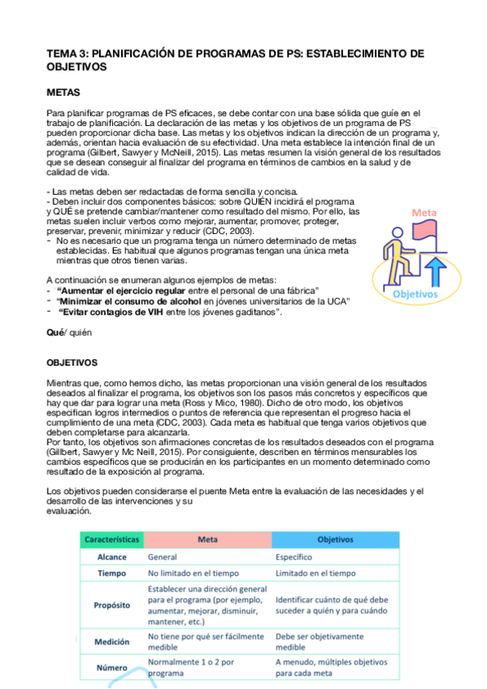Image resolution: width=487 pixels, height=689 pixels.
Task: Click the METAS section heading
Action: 63,93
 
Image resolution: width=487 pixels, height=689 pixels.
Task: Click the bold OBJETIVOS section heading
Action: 72,362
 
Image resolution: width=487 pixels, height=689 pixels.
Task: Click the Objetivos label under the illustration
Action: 415,293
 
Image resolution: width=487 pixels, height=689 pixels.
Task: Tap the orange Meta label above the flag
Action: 424,212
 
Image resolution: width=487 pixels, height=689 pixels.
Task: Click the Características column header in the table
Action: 111,539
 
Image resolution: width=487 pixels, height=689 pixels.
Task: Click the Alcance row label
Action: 111,557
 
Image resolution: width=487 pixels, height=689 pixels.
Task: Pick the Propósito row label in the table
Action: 111,606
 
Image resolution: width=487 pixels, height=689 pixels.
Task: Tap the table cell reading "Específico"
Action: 294,557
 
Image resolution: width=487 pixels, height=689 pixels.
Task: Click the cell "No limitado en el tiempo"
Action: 192,574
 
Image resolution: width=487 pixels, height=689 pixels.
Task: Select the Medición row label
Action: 111,642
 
